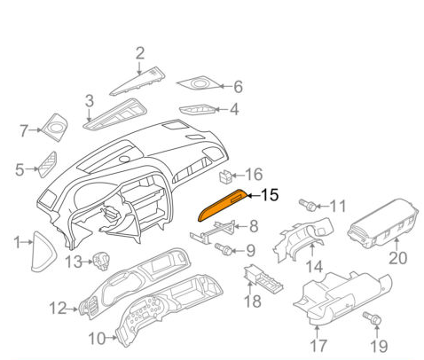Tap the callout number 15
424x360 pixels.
pos(269,194)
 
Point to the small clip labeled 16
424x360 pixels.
pos(229,176)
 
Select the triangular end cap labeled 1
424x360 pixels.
pos(41,245)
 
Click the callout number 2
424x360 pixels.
pos(139,55)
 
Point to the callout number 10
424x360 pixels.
pos(96,338)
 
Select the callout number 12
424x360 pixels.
pos(58,309)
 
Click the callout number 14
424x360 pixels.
pos(314,266)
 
